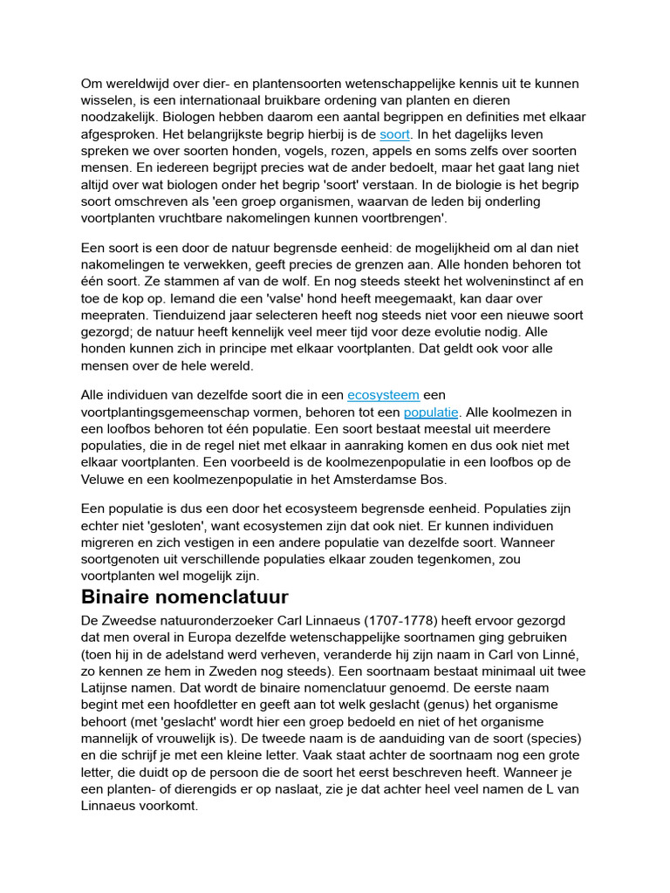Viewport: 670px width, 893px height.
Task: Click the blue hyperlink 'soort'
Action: click(395, 134)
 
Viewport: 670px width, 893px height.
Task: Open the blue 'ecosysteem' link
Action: click(383, 395)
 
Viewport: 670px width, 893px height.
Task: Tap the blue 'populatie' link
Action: click(431, 412)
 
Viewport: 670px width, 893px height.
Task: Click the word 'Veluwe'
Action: click(105, 479)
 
